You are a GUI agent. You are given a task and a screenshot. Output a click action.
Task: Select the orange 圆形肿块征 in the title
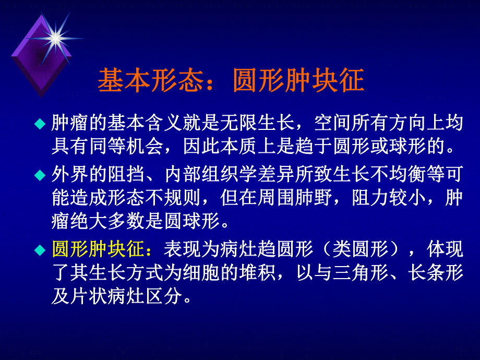pyautogui.click(x=298, y=81)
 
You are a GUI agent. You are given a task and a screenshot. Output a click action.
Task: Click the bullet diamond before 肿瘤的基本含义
pyautogui.click(x=40, y=124)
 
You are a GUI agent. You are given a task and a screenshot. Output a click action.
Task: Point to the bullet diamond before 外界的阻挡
pyautogui.click(x=40, y=173)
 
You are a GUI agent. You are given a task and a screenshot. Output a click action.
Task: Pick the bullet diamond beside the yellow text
pyautogui.click(x=40, y=251)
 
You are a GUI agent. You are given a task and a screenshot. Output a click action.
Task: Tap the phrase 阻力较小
pyautogui.click(x=394, y=198)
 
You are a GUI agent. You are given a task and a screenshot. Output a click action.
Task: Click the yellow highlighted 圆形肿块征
pyautogui.click(x=98, y=250)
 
